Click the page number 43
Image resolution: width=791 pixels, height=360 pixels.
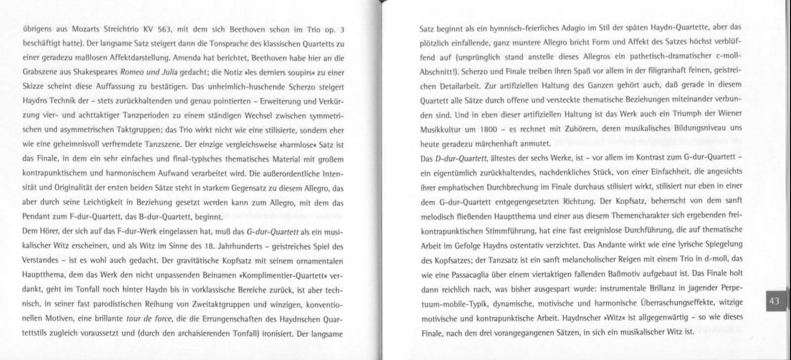click(x=774, y=301)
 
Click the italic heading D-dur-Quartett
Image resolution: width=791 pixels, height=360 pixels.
click(x=461, y=158)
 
